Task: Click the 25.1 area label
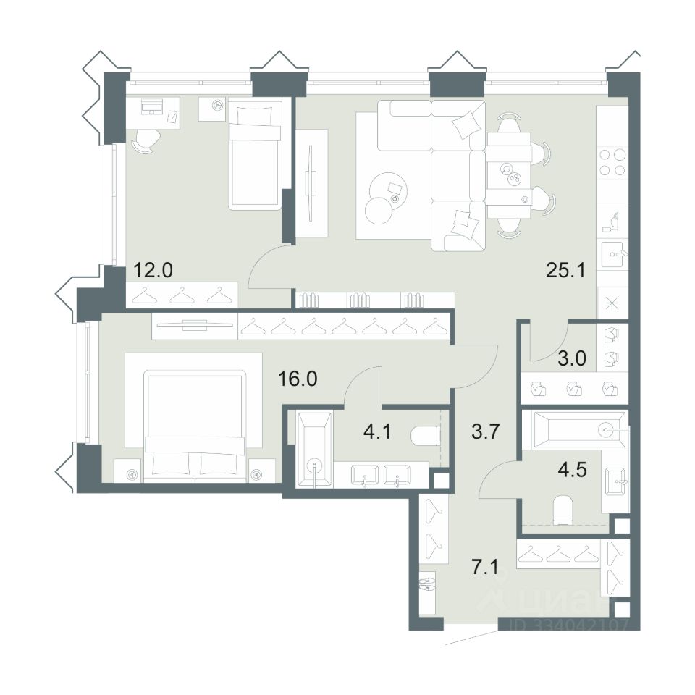tap(565, 269)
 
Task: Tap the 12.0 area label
tap(153, 269)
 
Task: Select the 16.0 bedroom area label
tap(298, 379)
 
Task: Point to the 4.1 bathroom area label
tap(377, 431)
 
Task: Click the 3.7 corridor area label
tap(486, 431)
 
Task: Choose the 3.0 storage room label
tap(572, 358)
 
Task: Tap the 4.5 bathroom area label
tap(573, 469)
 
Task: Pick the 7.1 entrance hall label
tap(485, 567)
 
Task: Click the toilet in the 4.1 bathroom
tap(426, 436)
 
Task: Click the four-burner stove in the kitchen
tap(612, 162)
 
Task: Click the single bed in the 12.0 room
tap(255, 154)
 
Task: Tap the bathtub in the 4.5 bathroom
tap(574, 429)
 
